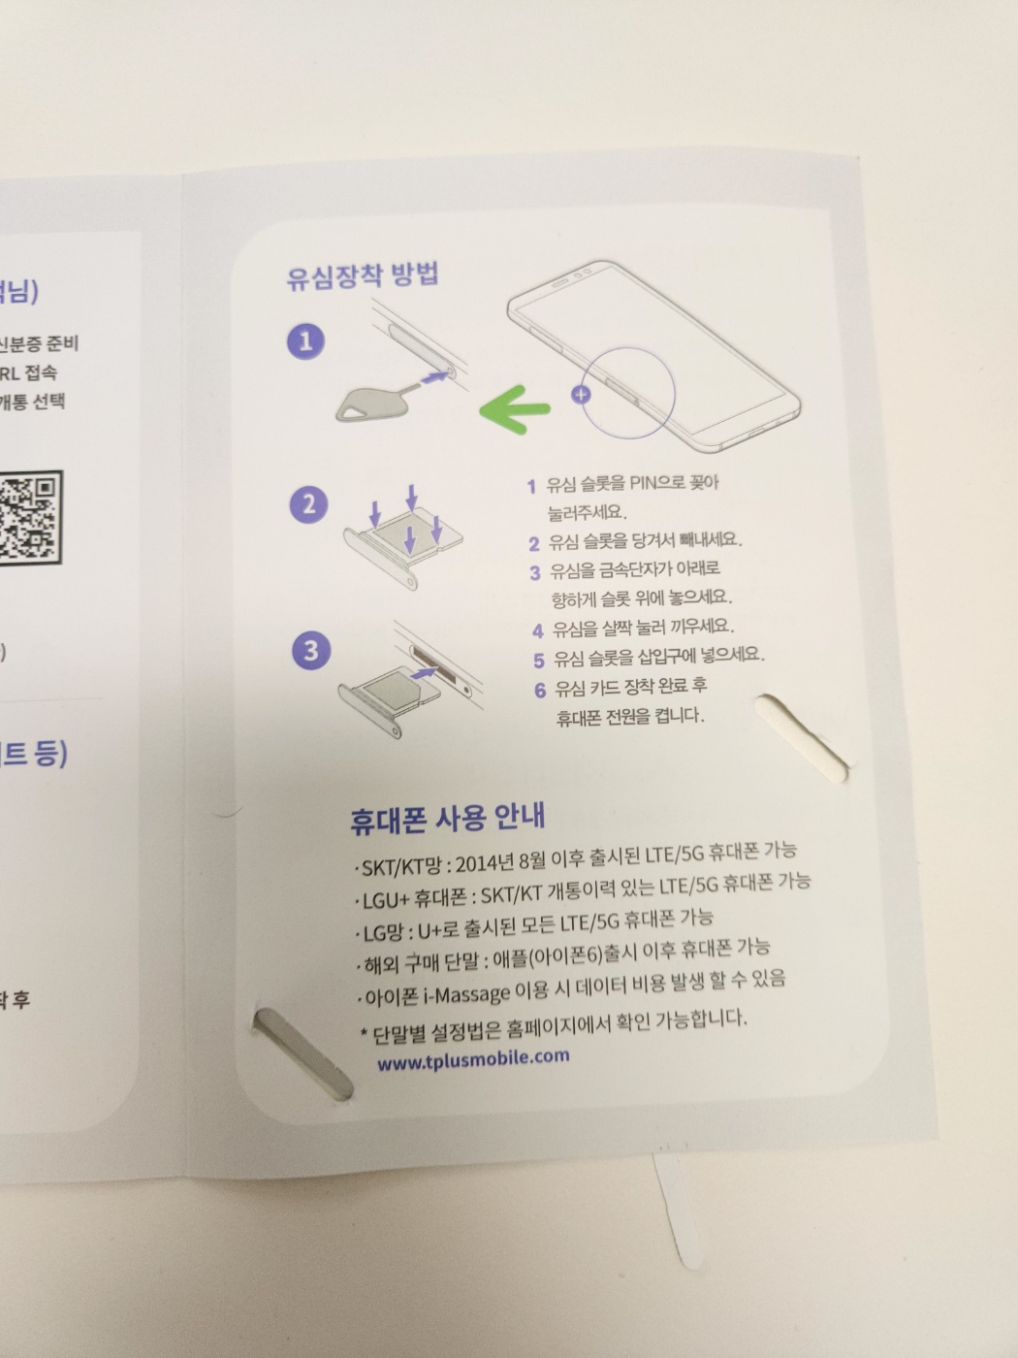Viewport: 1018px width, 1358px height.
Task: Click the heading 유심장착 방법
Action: (363, 275)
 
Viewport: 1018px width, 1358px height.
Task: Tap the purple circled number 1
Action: (306, 341)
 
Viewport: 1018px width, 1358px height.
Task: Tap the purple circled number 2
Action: (308, 505)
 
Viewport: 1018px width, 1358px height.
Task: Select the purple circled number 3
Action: (311, 650)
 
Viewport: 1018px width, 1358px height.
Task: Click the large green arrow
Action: (514, 408)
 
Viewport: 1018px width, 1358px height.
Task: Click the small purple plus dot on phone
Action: (581, 394)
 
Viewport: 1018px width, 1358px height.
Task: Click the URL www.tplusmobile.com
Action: (473, 1059)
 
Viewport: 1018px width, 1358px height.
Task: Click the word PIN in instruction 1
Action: (643, 483)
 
